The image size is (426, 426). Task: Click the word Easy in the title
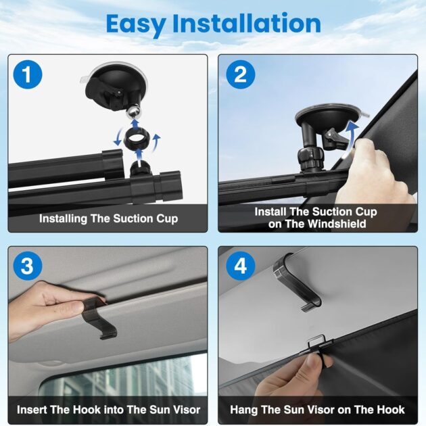tap(136, 24)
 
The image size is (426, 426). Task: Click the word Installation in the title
tap(247, 24)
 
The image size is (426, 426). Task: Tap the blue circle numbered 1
tap(28, 74)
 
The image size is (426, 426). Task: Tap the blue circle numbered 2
tap(241, 74)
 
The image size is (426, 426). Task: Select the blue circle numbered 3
tap(28, 266)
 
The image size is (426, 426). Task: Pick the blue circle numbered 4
tap(241, 266)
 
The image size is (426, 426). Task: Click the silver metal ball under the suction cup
tap(135, 112)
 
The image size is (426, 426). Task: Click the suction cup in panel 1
tap(116, 86)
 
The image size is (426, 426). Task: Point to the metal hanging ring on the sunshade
tap(316, 341)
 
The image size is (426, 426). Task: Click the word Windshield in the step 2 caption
tap(337, 224)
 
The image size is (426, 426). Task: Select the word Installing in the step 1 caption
tap(63, 219)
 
